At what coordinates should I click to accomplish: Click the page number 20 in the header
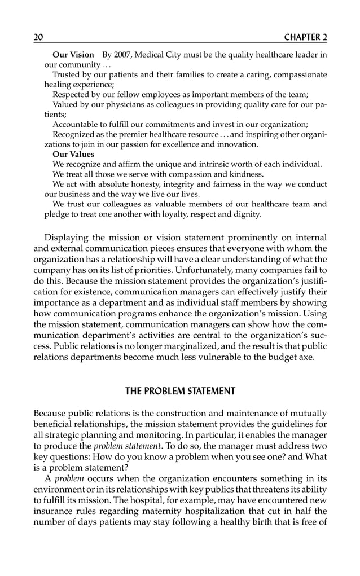[x=38, y=37]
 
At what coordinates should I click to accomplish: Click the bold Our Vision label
[x=73, y=55]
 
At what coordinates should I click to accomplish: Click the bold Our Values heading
[x=73, y=154]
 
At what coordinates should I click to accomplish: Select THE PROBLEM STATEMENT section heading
[x=180, y=390]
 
